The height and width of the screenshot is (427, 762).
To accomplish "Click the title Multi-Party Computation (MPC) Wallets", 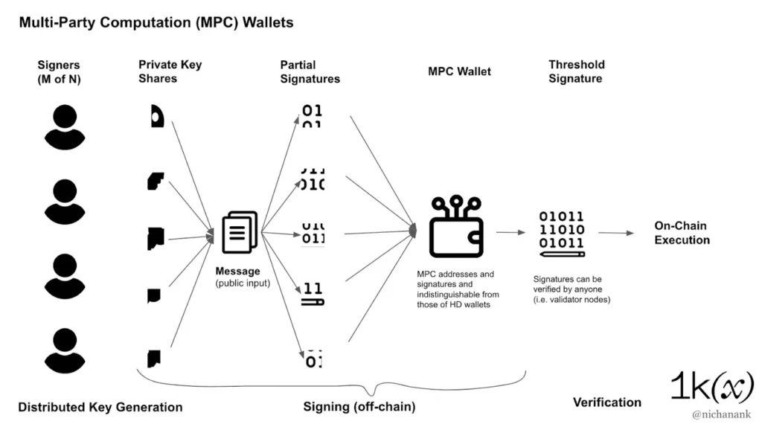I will click(156, 22).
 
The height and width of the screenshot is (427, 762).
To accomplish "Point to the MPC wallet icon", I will click(456, 228).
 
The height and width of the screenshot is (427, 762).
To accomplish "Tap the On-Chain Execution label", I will click(682, 233).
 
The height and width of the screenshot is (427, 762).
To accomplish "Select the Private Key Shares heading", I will click(170, 71).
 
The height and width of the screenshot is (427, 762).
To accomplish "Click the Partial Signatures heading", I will click(310, 71).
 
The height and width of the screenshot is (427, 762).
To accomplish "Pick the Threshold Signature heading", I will click(576, 71).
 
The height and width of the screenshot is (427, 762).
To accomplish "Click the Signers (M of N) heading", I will click(59, 71).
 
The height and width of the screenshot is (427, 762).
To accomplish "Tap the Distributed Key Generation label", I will click(100, 407).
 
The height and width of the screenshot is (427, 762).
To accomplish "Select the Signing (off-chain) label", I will click(359, 407).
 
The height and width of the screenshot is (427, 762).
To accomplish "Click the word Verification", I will click(606, 402).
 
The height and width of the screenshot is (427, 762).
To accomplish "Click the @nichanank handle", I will click(722, 413).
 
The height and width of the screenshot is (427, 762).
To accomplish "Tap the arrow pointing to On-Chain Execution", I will click(616, 234).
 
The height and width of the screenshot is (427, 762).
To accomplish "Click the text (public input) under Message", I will click(243, 283).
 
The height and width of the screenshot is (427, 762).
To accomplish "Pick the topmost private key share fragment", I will click(157, 116).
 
